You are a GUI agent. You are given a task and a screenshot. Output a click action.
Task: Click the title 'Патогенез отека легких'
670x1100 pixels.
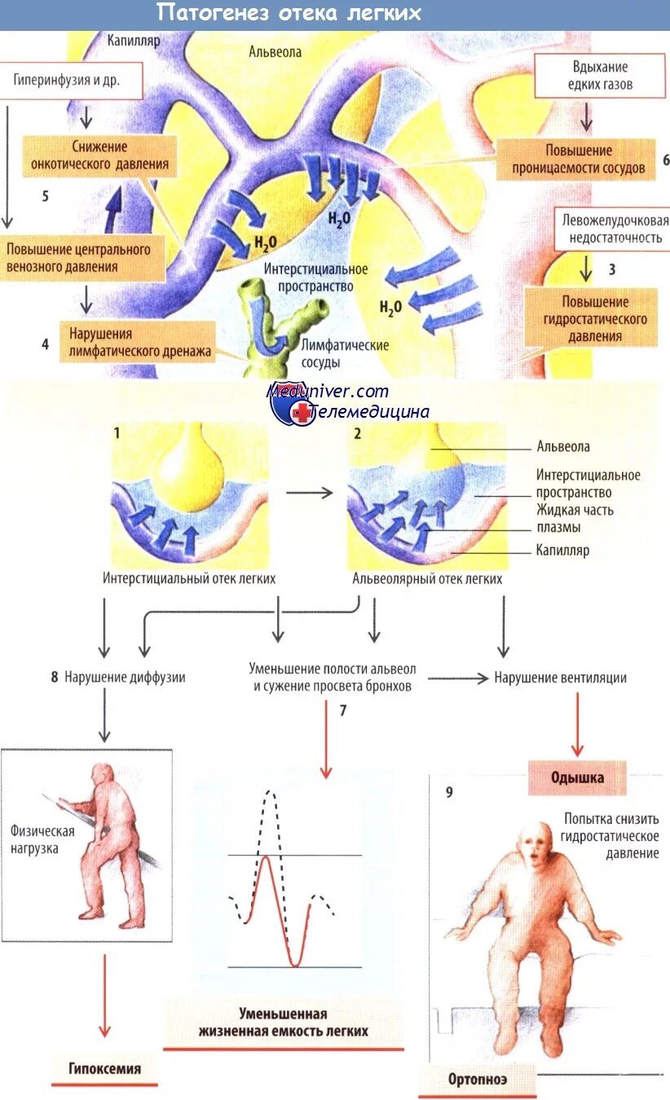pos(289,14)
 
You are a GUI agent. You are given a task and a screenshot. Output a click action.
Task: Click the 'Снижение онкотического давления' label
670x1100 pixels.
pos(99,155)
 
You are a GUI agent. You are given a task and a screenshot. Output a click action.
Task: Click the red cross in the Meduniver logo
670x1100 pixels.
pos(302,413)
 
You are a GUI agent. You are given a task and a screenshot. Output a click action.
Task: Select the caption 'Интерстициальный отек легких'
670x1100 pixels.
pos(189,579)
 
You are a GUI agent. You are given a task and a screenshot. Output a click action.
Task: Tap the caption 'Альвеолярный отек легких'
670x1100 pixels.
pos(427,579)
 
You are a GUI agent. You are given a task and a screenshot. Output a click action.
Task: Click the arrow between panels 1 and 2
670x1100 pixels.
pos(310,493)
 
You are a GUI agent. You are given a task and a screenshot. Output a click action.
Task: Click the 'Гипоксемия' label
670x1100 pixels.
pos(104,1068)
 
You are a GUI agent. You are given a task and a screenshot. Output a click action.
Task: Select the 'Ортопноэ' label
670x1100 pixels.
pos(477,1080)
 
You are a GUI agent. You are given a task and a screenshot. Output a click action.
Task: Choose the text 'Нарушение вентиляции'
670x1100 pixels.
pos(560,677)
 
